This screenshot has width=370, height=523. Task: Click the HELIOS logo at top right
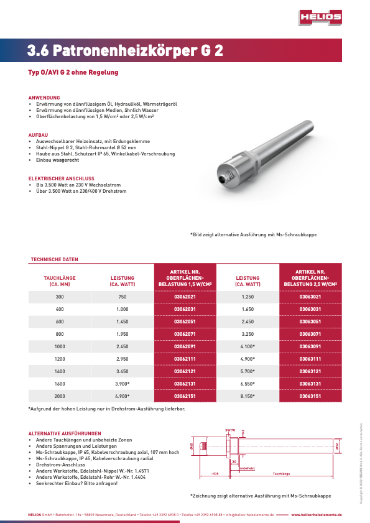tap(319, 18)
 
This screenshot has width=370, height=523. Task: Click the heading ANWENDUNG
tap(44, 98)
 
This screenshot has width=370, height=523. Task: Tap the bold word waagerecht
tap(65, 160)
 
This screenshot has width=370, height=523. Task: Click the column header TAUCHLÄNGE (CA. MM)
tap(60, 281)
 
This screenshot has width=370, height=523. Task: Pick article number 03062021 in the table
tap(185, 297)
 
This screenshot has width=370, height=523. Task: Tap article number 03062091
tap(185, 346)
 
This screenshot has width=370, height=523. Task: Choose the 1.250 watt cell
tap(247, 297)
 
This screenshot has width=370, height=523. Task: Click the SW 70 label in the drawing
tap(229, 430)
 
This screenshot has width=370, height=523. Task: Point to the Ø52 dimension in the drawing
tap(337, 446)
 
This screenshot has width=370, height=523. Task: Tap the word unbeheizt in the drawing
tap(247, 468)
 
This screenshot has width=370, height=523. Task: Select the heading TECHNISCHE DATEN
tap(55, 259)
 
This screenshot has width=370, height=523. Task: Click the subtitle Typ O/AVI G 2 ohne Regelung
tap(73, 72)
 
